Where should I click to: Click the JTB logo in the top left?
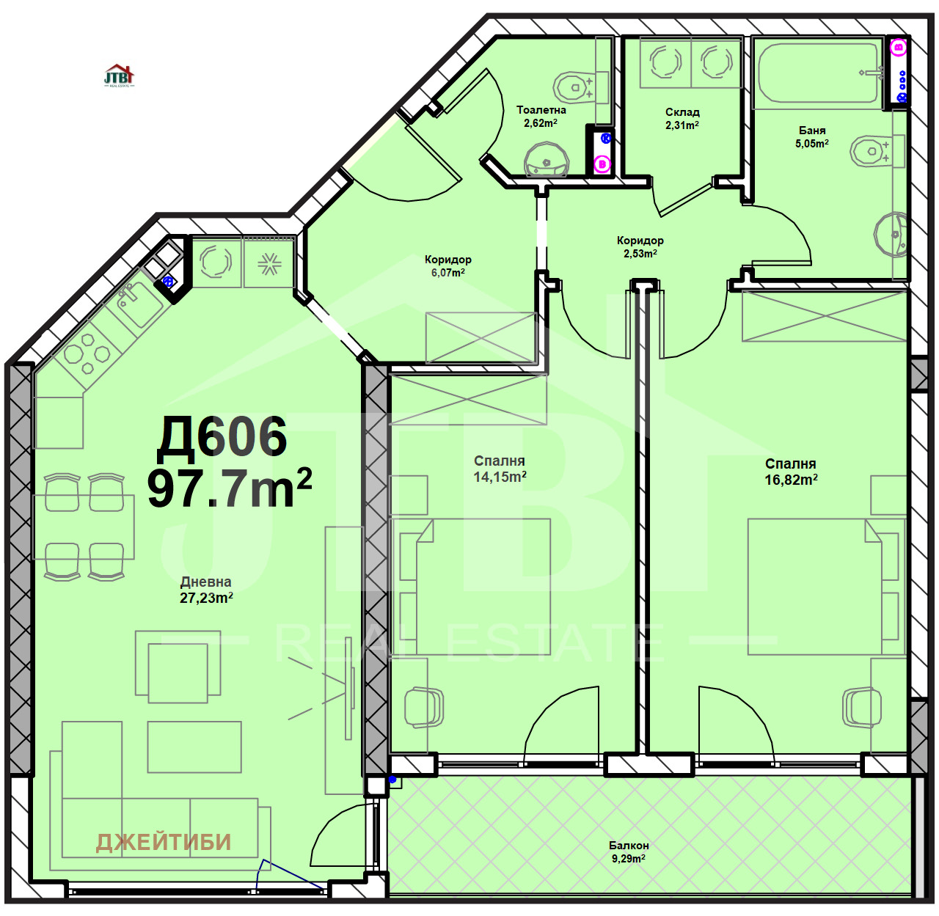pos(119,76)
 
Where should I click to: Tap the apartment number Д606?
pos(222,437)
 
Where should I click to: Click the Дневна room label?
pos(205,582)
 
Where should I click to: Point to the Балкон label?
pos(628,845)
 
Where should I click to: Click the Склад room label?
pos(682,112)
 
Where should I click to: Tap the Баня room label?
pos(812,131)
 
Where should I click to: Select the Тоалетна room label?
pos(541,110)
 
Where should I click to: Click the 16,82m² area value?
pos(791,480)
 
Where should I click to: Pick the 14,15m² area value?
pos(500,477)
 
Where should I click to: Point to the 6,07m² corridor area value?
pos(447,273)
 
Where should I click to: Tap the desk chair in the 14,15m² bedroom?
pos(423,707)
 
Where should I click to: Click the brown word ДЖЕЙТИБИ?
pos(164,842)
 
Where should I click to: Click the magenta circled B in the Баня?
pos(898,48)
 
